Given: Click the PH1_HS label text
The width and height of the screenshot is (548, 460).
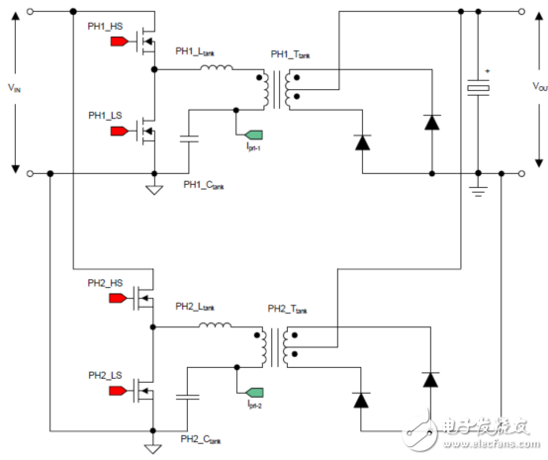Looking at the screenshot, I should point(105,25).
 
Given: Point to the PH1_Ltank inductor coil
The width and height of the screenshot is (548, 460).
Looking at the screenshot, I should point(216,69).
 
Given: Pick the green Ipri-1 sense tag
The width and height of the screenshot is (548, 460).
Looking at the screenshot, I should point(254,134).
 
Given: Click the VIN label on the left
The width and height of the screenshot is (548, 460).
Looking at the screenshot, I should point(14,88).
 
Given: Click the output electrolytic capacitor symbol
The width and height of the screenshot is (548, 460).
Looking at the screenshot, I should point(478,87).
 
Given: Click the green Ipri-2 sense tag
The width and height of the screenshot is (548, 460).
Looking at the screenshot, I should point(254,392).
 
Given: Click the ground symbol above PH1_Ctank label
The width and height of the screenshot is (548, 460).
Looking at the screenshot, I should point(154,188).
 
